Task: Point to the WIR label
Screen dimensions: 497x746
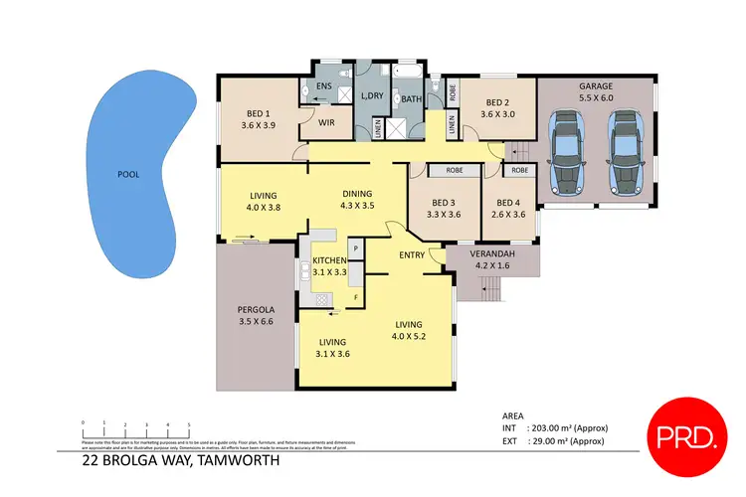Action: [x=324, y=124]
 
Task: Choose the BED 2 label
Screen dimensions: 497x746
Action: [x=497, y=102]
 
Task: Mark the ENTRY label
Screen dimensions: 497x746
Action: [x=412, y=255]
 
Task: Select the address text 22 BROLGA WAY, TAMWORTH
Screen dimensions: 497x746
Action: [x=181, y=461]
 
